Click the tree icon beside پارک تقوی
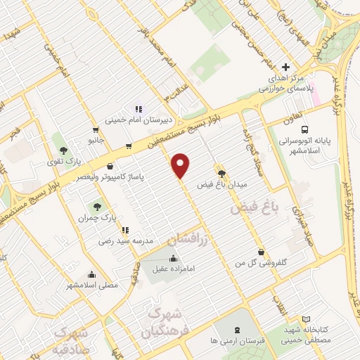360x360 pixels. [x=64, y=150]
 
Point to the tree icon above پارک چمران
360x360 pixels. [x=98, y=207]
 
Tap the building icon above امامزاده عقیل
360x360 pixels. [x=173, y=257]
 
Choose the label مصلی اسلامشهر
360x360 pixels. [x=92, y=285]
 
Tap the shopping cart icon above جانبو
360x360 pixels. [x=95, y=130]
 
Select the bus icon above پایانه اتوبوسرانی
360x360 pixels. [x=304, y=130]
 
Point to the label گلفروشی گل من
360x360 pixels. [x=262, y=262]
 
